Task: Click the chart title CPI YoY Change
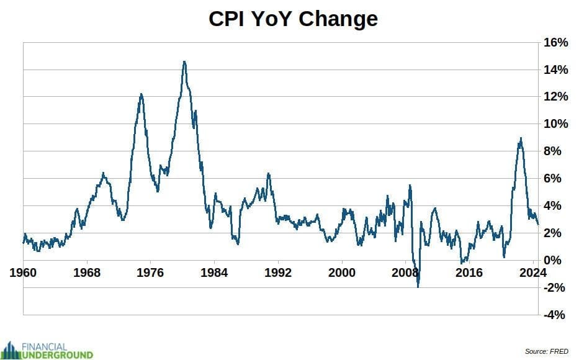[293, 19]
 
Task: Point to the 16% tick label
[555, 42]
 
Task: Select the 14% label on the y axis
[555, 70]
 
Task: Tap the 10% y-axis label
[555, 124]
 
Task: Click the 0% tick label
[552, 260]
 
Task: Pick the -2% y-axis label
[554, 287]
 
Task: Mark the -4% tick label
[554, 315]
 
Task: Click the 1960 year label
[23, 273]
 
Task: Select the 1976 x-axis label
[150, 273]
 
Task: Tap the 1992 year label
[277, 273]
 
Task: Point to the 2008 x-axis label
[405, 273]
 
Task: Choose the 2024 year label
[532, 273]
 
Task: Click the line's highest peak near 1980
[184, 62]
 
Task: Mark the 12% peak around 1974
[141, 94]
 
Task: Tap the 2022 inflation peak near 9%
[521, 139]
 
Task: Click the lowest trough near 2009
[418, 286]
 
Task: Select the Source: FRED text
[547, 351]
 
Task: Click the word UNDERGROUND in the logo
[57, 355]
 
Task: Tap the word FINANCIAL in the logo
[44, 347]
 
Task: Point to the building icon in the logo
[11, 351]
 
